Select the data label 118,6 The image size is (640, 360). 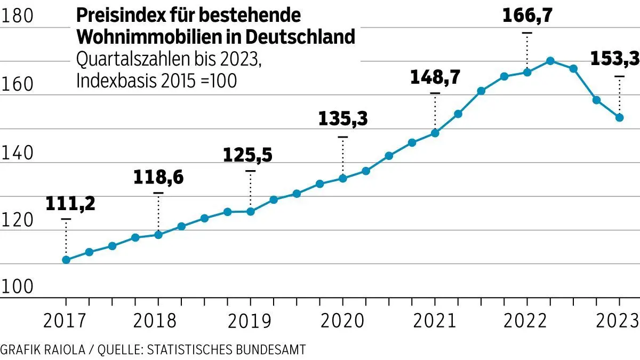tap(158, 177)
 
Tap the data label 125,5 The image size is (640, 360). tap(247, 155)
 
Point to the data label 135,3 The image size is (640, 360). tap(343, 119)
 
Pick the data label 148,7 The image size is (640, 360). tap(435, 77)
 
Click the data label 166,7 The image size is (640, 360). tap(527, 16)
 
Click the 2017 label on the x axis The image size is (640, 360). tap(66, 322)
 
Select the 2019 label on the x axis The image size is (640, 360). tap(249, 322)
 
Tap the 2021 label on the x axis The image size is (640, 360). tap(434, 322)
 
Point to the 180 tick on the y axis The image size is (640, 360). tap(18, 17)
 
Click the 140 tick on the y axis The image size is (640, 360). tap(18, 154)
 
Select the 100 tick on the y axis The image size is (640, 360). tap(18, 287)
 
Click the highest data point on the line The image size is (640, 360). tap(550, 61)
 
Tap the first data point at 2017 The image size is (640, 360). tap(66, 260)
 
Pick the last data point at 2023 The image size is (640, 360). tap(620, 117)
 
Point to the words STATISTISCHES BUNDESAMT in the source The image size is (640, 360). tap(226, 349)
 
